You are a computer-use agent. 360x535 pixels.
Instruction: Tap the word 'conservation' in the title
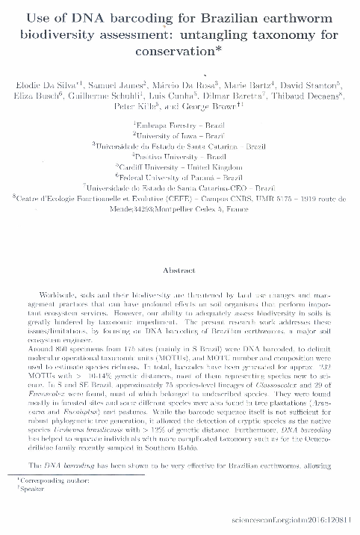(x=176, y=53)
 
